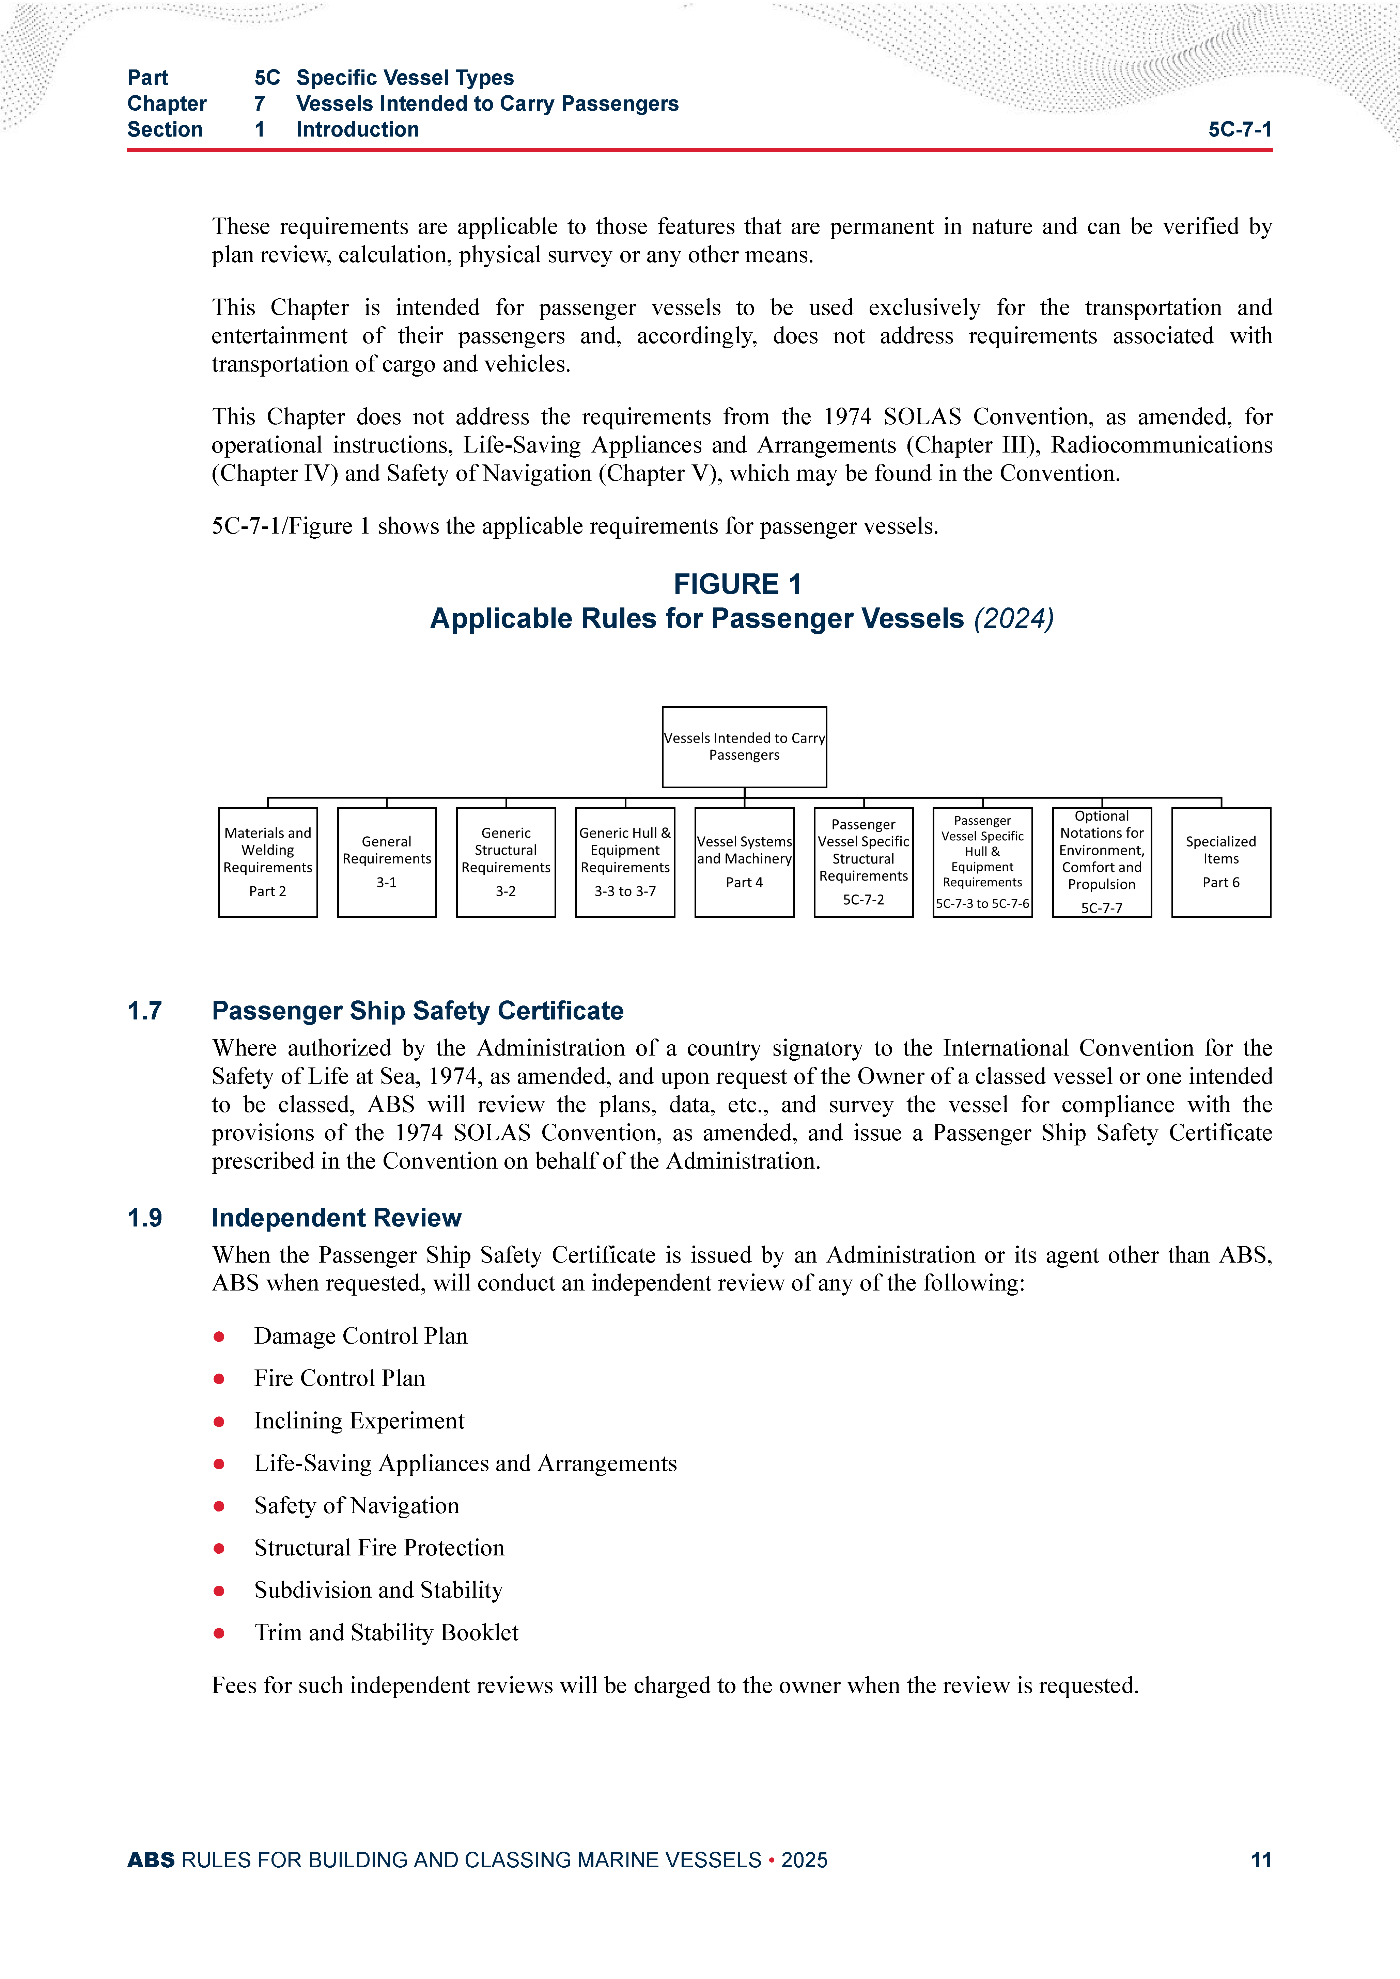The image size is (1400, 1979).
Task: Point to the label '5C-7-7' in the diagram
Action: tap(1102, 908)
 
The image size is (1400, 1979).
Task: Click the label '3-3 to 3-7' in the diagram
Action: tap(625, 891)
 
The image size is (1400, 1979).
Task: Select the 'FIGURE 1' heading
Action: tap(738, 584)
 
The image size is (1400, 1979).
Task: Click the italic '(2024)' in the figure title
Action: tap(1014, 619)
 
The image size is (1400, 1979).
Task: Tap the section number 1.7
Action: tap(145, 1011)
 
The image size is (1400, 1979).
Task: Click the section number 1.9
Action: tap(145, 1218)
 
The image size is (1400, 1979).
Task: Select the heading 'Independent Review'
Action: tap(336, 1218)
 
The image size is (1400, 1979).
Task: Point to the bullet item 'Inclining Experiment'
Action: tap(359, 1421)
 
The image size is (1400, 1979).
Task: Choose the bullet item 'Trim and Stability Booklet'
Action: tap(386, 1632)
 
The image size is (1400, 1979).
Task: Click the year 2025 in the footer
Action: tap(804, 1860)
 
